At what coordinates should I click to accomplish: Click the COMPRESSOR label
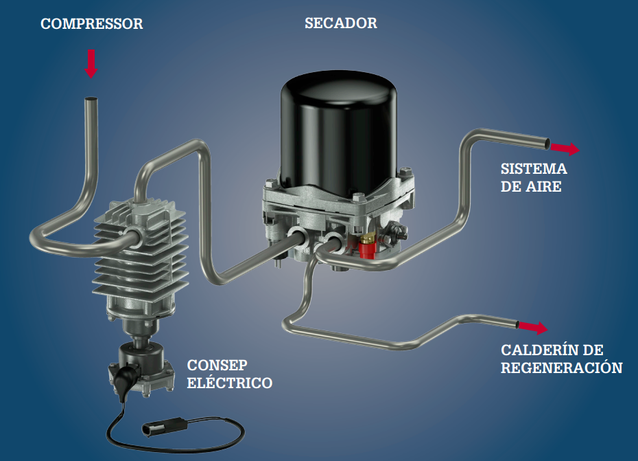pyautogui.click(x=91, y=23)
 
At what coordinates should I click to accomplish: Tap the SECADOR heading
pyautogui.click(x=340, y=23)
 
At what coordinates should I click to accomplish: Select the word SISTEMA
pyautogui.click(x=534, y=169)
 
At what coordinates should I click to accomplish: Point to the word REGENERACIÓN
pyautogui.click(x=561, y=368)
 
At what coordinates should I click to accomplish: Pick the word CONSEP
pyautogui.click(x=217, y=366)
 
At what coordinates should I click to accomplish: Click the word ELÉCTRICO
pyautogui.click(x=230, y=383)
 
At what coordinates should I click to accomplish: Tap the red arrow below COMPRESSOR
pyautogui.click(x=91, y=64)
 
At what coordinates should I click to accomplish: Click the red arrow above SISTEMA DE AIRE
pyautogui.click(x=565, y=148)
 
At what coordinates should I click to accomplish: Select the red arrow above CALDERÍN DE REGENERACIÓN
pyautogui.click(x=533, y=327)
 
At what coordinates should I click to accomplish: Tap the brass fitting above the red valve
pyautogui.click(x=368, y=237)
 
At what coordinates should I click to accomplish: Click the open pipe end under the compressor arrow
pyautogui.click(x=91, y=99)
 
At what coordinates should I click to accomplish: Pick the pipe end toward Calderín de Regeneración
pyautogui.click(x=517, y=325)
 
